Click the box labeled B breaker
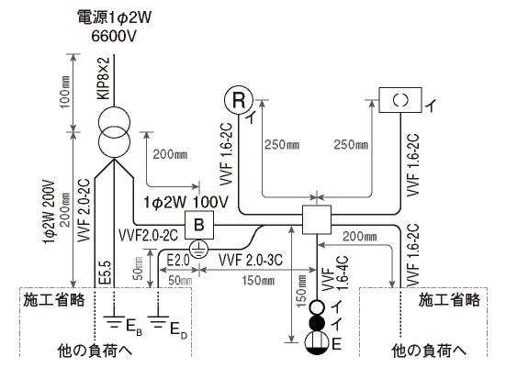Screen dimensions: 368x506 (197, 223)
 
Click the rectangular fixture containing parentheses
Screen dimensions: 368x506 (400, 99)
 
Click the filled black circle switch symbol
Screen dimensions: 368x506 (316, 323)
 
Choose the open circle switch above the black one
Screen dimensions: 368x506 (316, 307)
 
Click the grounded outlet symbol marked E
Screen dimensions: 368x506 (316, 343)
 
